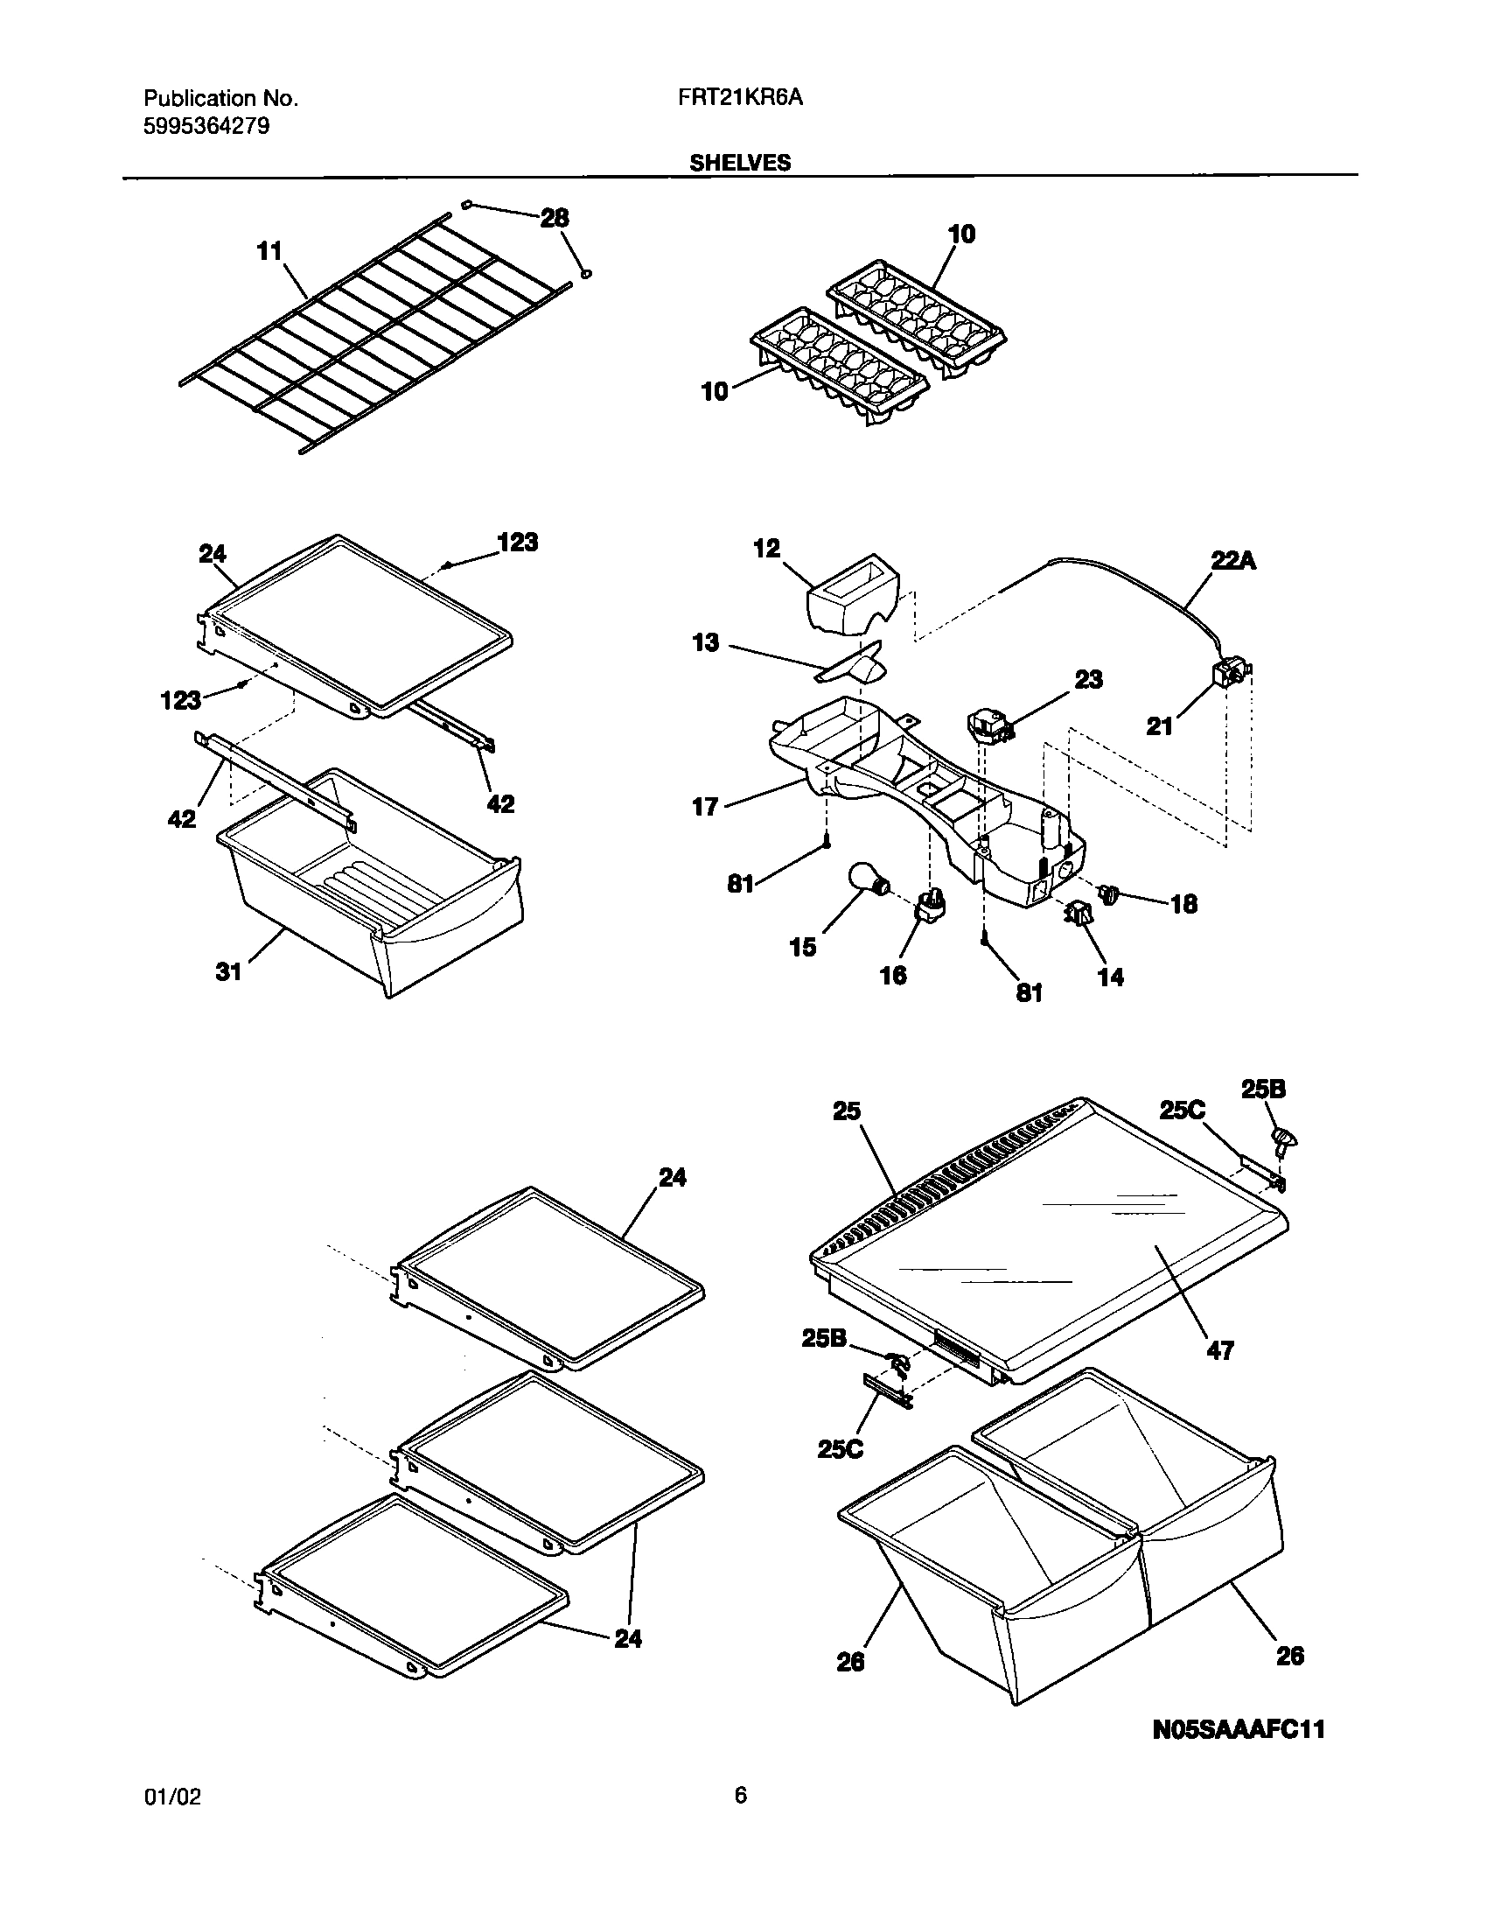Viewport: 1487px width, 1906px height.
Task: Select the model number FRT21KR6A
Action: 739,99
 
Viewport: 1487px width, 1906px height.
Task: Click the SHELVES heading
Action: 740,163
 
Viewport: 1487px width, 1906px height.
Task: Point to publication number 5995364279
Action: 206,126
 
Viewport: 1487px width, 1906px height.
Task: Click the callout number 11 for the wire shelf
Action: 269,251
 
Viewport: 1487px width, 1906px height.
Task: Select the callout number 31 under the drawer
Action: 228,971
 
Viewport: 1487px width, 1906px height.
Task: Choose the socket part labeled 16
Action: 930,903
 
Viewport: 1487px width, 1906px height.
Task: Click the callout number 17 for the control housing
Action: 705,806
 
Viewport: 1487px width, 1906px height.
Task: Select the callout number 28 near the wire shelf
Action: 555,218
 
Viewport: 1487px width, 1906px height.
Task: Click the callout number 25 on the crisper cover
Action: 847,1111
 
